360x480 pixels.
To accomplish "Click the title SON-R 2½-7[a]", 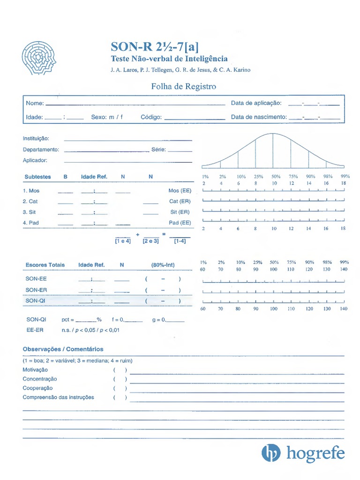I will (x=154, y=46).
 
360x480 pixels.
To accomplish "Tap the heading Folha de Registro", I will (x=183, y=86).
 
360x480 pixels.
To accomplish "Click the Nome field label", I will (x=35, y=103).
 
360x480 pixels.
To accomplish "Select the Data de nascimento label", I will (x=258, y=117).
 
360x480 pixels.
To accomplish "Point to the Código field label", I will (x=151, y=117).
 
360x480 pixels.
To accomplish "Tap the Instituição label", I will (x=36, y=139).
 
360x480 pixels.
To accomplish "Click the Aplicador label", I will (x=35, y=160).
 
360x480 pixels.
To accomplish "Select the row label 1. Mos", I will (x=31, y=191).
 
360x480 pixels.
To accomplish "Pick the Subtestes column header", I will (x=37, y=177).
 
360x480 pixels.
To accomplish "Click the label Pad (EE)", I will (x=180, y=223).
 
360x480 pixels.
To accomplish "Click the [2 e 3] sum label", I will (x=150, y=241).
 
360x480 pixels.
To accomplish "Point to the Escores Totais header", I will (x=45, y=265).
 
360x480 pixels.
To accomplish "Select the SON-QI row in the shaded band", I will (x=36, y=300).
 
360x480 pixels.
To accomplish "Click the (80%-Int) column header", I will (x=163, y=265).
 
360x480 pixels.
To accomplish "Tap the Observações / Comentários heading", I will (x=63, y=349).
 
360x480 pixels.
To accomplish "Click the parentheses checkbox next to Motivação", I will (x=120, y=370).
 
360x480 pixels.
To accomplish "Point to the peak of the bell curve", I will (x=273, y=134).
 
